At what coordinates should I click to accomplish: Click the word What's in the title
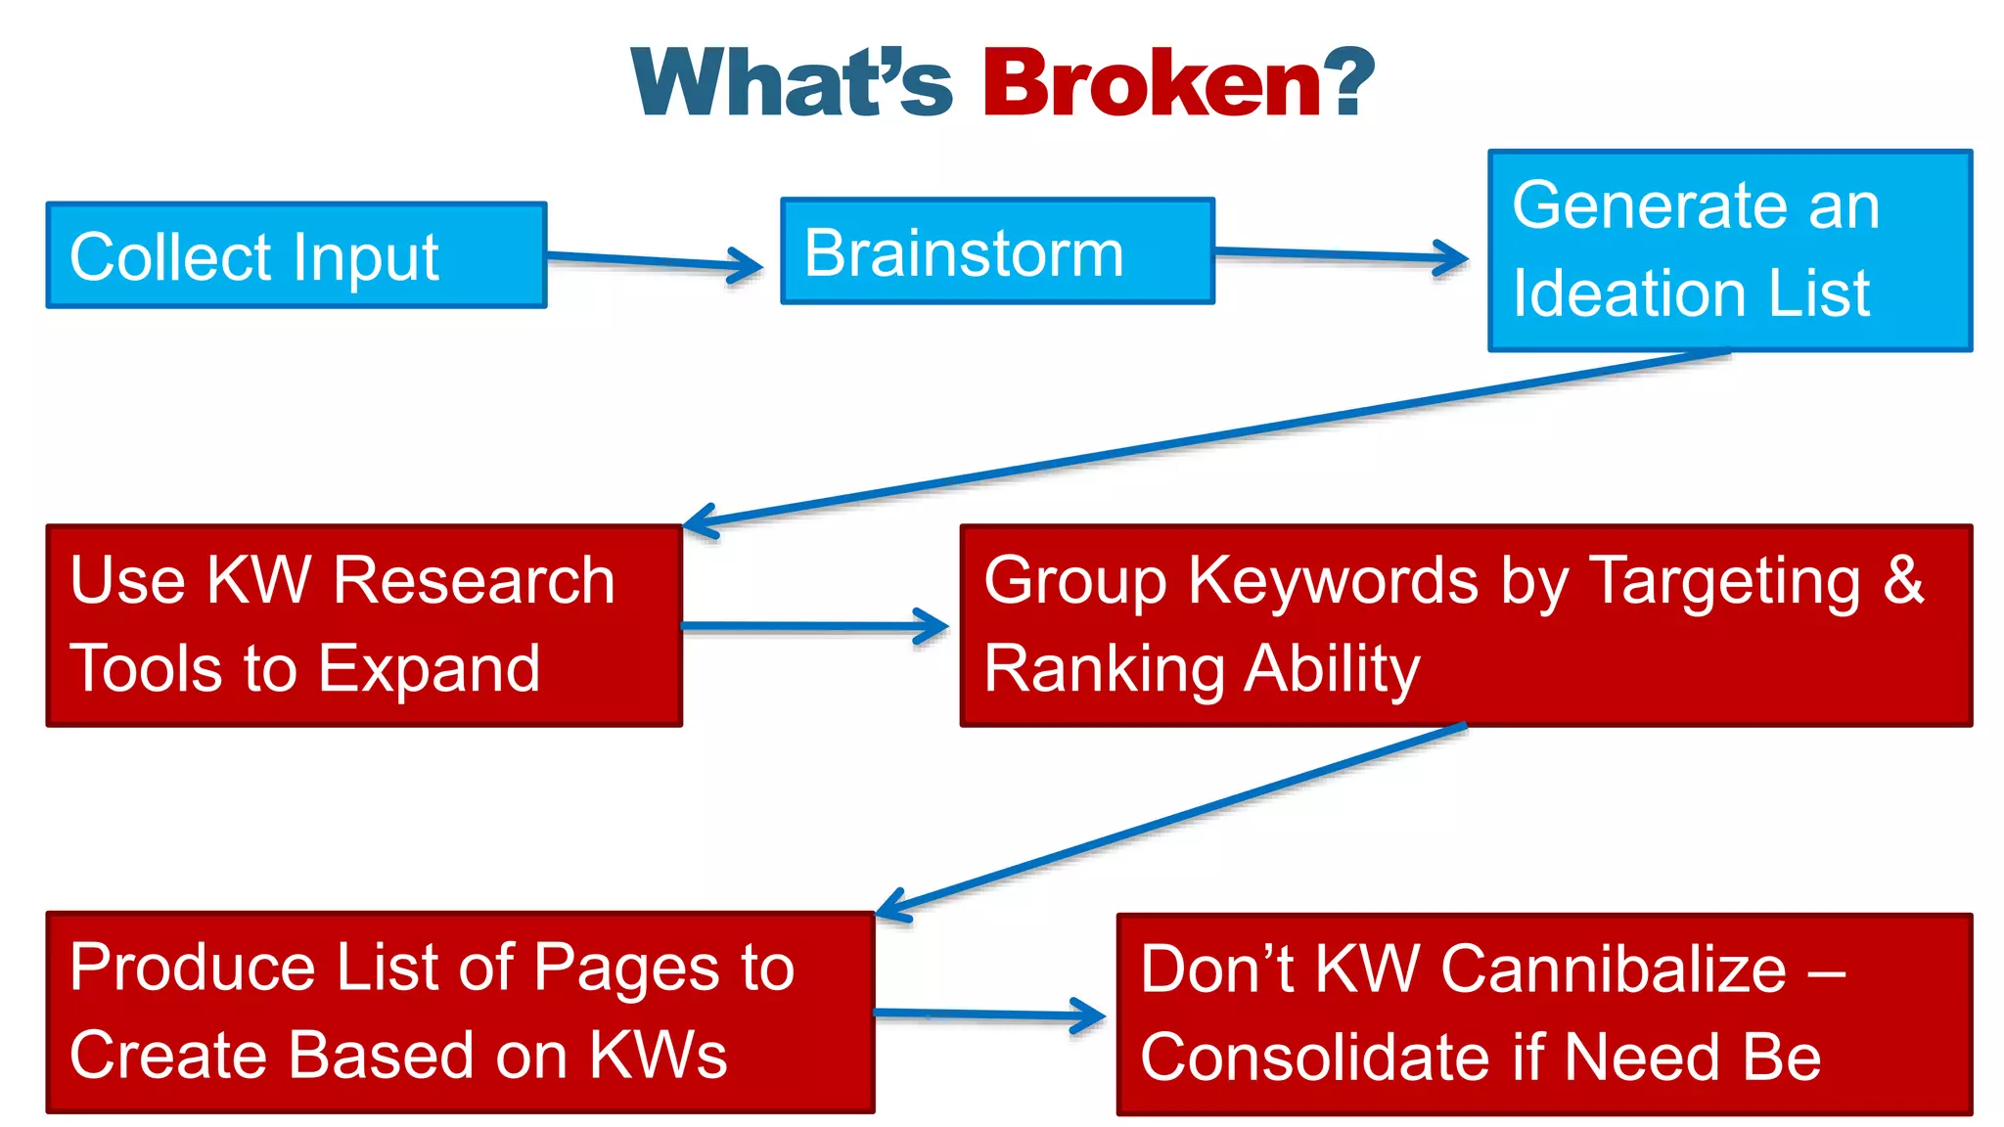click(x=791, y=84)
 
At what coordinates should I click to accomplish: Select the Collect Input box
click(x=296, y=256)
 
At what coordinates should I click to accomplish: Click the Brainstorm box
click(x=996, y=252)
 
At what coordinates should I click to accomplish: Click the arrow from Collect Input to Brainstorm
click(x=654, y=260)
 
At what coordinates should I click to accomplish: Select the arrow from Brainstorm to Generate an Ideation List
click(x=1341, y=255)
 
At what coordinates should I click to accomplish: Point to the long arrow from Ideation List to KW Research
click(x=1204, y=438)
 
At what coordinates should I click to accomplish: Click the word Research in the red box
click(x=474, y=581)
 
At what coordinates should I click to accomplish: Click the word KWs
click(x=658, y=1057)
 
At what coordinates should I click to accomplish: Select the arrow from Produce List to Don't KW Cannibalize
click(x=988, y=1014)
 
